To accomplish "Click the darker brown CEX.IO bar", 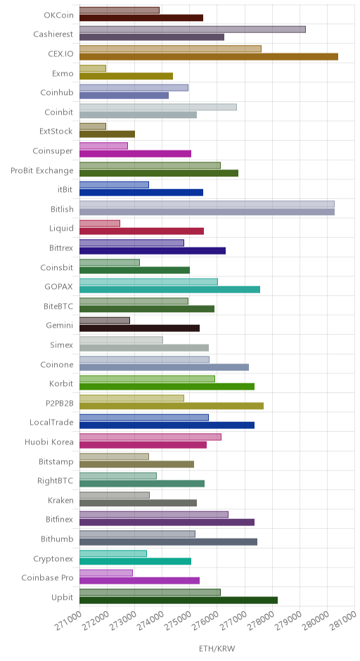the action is pos(209,57).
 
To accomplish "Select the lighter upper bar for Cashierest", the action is pos(192,30).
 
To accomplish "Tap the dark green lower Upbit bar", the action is pos(179,601).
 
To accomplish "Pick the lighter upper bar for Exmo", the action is pos(92,68).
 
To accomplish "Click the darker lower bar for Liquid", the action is pos(141,231).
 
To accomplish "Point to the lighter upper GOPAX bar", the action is pos(148,281).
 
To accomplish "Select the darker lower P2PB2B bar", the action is pos(171,406).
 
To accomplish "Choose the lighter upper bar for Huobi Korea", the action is pos(150,437).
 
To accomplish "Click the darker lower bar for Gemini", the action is pos(139,328).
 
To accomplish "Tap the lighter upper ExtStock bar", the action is pos(92,127).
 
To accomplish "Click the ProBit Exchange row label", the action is pos(42,171).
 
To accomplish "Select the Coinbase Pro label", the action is pos(47,578).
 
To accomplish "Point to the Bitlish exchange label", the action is pos(62,209).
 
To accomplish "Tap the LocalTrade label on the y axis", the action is pos(51,423).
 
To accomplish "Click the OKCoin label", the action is pos(58,15).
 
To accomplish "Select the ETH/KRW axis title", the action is pos(217,648).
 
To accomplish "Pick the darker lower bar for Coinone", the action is pos(164,367).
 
